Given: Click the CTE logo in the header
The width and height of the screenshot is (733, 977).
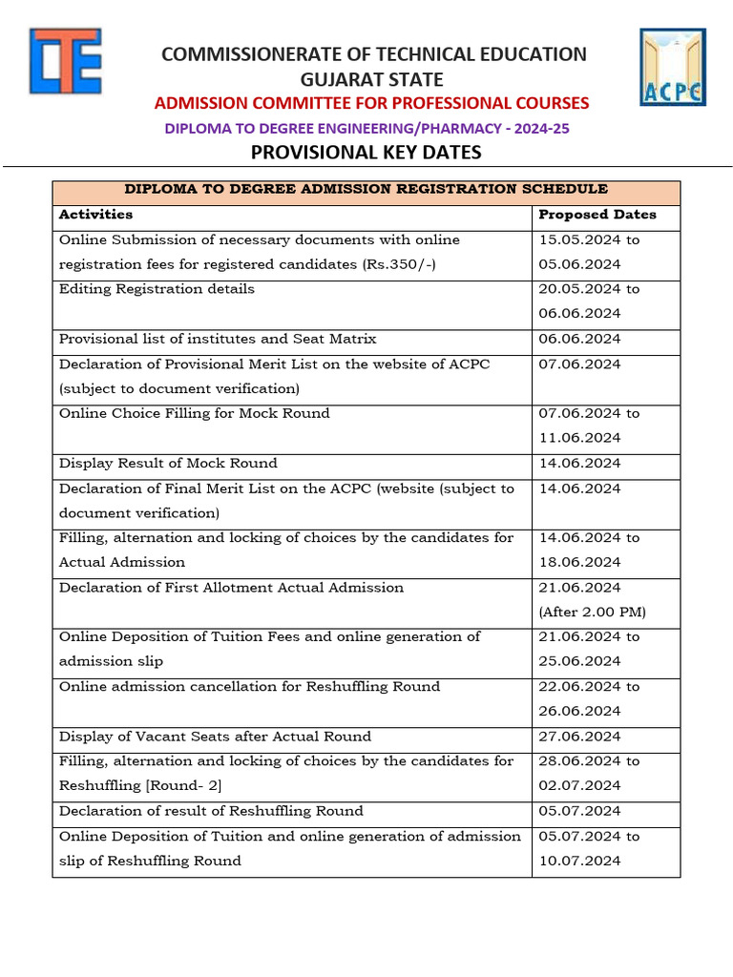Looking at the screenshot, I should click(x=65, y=62).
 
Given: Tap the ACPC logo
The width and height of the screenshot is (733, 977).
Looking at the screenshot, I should click(x=672, y=67).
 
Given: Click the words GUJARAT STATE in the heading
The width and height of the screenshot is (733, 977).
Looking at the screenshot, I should click(x=373, y=79).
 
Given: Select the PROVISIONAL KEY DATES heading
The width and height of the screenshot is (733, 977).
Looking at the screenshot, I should click(x=366, y=153).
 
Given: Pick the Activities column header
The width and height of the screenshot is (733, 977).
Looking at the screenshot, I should click(x=95, y=215).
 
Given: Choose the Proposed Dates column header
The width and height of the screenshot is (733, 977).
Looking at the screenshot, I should click(x=597, y=215).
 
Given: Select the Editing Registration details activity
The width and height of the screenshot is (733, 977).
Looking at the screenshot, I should click(x=157, y=289).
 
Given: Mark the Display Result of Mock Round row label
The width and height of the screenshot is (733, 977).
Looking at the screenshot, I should click(x=168, y=463).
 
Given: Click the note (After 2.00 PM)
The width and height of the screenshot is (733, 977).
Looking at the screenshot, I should click(x=592, y=612).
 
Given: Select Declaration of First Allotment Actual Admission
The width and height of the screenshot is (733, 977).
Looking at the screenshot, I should click(x=231, y=587).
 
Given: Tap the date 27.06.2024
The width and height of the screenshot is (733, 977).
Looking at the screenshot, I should click(x=579, y=736).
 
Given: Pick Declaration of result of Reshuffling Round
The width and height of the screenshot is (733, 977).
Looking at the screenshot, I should click(x=211, y=810).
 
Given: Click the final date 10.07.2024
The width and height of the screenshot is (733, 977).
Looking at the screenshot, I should click(x=579, y=861).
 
